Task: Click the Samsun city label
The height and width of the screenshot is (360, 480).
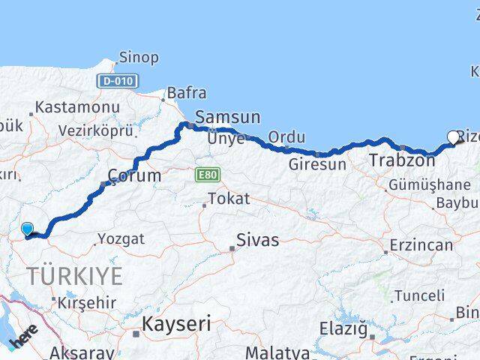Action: [227, 117]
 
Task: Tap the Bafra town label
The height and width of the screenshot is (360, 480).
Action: [185, 93]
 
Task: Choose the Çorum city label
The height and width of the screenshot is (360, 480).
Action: [134, 175]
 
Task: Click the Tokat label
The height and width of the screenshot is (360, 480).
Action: [228, 199]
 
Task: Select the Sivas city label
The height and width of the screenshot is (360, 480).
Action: [257, 240]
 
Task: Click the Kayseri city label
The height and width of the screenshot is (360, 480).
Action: [177, 324]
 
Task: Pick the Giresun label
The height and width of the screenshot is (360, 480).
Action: [318, 164]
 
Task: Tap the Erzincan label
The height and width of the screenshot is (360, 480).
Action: [422, 245]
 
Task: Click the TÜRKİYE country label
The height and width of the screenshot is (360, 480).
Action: [75, 276]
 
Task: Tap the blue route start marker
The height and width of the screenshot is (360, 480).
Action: [27, 228]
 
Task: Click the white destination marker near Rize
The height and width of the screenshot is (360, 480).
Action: [452, 136]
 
